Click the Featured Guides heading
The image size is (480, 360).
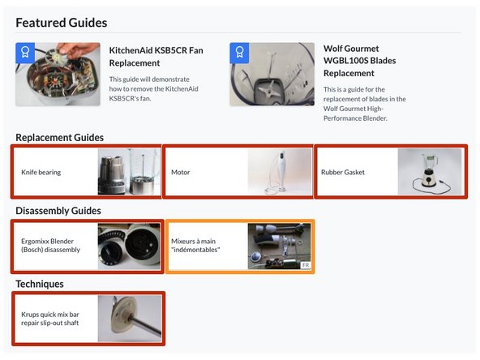(61, 23)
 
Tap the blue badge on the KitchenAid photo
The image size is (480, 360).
(24, 53)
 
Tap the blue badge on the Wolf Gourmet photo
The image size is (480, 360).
(239, 53)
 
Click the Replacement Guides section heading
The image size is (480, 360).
(59, 137)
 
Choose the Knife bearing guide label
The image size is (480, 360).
(41, 172)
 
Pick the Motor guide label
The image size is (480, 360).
(180, 172)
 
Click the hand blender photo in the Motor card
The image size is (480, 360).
(279, 172)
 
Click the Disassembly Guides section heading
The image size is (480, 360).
(63, 211)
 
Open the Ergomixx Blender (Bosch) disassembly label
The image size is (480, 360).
(50, 246)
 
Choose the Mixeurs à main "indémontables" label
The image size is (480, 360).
(195, 246)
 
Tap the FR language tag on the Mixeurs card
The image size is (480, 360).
(305, 265)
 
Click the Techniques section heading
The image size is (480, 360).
(40, 284)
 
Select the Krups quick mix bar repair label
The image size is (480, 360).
(50, 318)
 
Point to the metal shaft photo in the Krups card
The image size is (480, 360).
(130, 318)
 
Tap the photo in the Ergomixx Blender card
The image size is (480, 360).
(129, 246)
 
